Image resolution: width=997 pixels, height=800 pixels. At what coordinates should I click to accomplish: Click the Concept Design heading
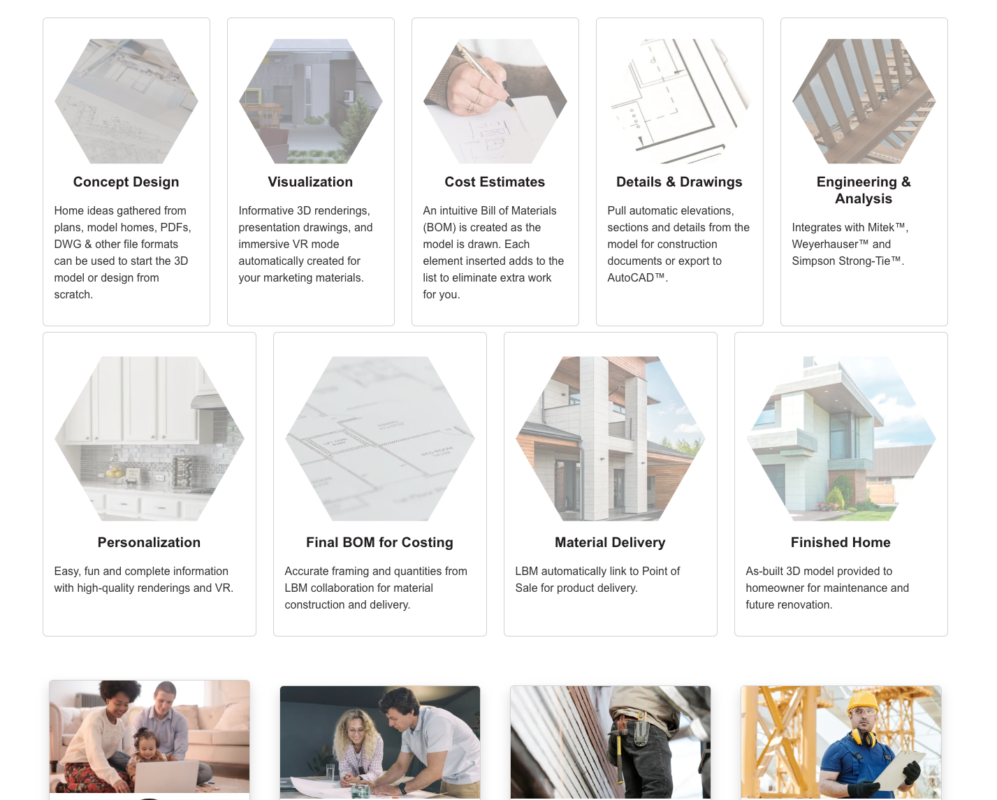coord(126,182)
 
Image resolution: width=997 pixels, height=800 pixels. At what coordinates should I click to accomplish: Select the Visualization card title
coord(310,182)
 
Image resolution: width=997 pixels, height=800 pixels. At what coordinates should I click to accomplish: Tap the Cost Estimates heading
coord(495,182)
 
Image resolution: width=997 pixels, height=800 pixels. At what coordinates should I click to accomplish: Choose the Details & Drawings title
coord(679,182)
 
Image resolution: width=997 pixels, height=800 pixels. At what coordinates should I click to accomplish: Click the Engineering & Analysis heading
coord(864,190)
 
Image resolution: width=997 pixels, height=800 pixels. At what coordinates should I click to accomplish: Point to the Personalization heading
coord(150,542)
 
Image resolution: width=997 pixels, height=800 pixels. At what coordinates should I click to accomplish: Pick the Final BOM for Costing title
coord(380,542)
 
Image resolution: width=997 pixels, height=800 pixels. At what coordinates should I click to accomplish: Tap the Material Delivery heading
coord(610,542)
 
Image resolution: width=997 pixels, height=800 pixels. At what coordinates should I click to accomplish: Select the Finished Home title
coord(841,542)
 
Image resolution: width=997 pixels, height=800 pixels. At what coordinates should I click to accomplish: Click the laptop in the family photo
coord(167,776)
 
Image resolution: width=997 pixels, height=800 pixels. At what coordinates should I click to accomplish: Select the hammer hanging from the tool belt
coord(620,750)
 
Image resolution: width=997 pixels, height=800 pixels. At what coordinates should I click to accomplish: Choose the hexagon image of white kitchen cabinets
coord(150,439)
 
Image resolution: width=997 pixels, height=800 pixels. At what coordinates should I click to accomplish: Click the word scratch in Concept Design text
coord(73,295)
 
